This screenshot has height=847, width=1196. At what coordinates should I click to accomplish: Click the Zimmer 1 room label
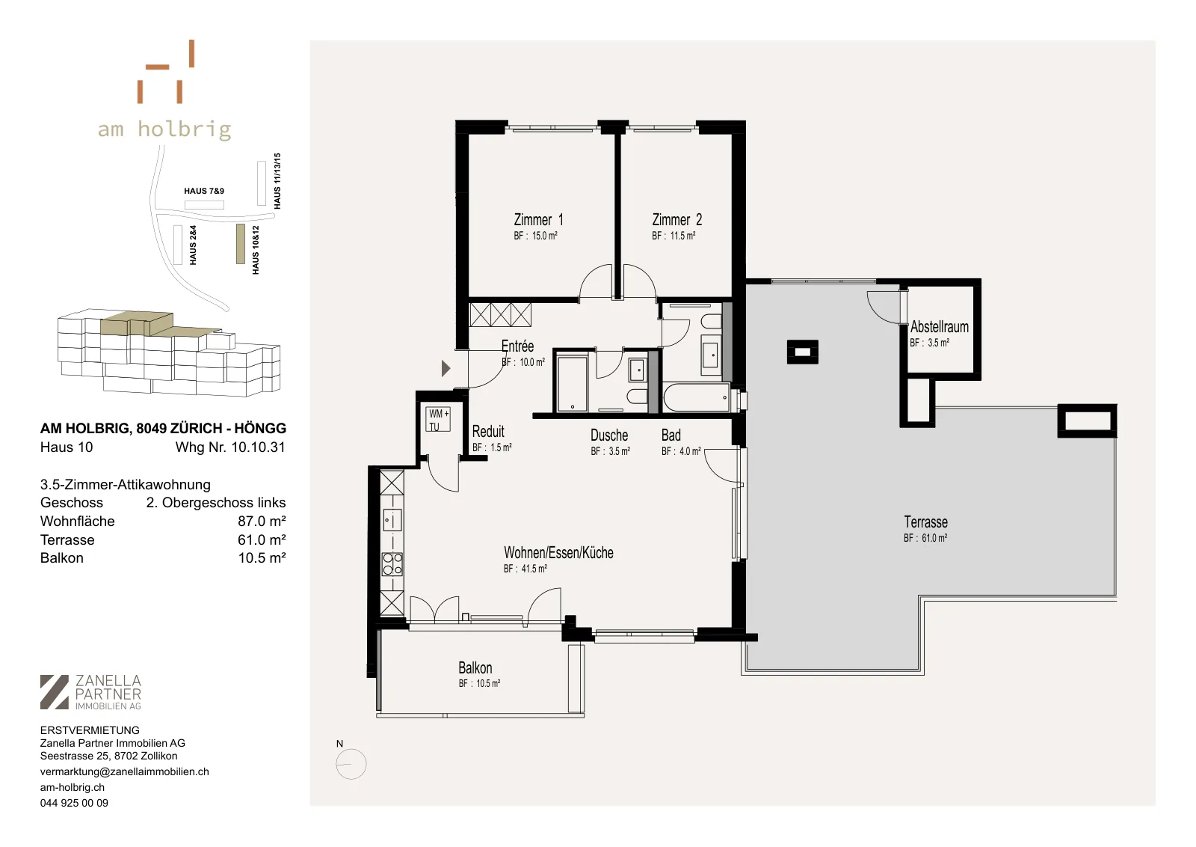click(x=538, y=220)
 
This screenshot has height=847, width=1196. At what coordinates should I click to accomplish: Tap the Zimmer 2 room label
click(x=676, y=220)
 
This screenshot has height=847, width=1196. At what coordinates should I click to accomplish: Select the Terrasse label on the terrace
click(x=925, y=522)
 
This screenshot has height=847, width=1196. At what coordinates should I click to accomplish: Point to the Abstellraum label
click(x=939, y=326)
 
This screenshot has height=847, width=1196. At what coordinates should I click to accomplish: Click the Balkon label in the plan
click(x=475, y=668)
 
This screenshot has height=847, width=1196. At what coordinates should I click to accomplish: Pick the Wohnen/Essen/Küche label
click(x=558, y=552)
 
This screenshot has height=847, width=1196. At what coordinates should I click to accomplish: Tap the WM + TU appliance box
click(x=439, y=420)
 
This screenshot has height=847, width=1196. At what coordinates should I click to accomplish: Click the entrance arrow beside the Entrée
click(x=446, y=368)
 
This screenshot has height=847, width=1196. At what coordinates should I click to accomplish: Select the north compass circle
click(x=351, y=764)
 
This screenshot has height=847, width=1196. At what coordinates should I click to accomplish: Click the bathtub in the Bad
click(x=696, y=398)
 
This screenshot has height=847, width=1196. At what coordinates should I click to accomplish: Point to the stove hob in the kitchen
click(x=392, y=564)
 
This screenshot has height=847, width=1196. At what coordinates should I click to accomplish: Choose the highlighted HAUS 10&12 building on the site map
click(x=240, y=244)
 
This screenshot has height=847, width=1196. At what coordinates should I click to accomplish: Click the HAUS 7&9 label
click(x=204, y=191)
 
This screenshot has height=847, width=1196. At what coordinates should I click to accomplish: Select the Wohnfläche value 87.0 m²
click(x=262, y=521)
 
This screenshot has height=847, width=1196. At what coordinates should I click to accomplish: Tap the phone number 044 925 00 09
click(x=74, y=803)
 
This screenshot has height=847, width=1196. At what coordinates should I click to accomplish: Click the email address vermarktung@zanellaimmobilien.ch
click(x=124, y=771)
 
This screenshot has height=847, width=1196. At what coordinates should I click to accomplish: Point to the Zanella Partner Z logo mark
click(x=55, y=692)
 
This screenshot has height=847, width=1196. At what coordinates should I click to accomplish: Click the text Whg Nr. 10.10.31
click(x=231, y=447)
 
